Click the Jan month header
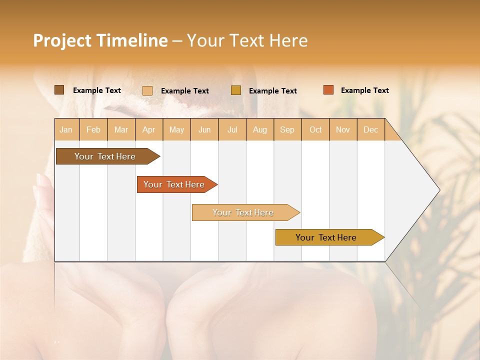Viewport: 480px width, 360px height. pyautogui.click(x=66, y=129)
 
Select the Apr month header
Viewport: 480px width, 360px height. pyautogui.click(x=149, y=129)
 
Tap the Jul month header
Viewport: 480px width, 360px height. pyautogui.click(x=232, y=129)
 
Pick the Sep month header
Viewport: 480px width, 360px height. pyautogui.click(x=287, y=129)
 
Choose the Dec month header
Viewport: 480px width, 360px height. pyautogui.click(x=371, y=129)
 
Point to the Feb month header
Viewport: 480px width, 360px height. pyautogui.click(x=93, y=129)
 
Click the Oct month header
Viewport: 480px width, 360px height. pyautogui.click(x=315, y=129)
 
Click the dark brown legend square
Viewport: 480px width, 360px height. pyautogui.click(x=59, y=90)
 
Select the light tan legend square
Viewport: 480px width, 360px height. pyautogui.click(x=147, y=90)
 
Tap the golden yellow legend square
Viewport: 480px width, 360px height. pyautogui.click(x=236, y=90)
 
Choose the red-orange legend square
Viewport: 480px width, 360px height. pyautogui.click(x=328, y=90)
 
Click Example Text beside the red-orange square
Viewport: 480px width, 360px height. pyautogui.click(x=364, y=90)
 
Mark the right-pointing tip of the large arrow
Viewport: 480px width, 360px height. pyautogui.click(x=438, y=190)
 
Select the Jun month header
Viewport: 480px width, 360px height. pyautogui.click(x=204, y=129)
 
